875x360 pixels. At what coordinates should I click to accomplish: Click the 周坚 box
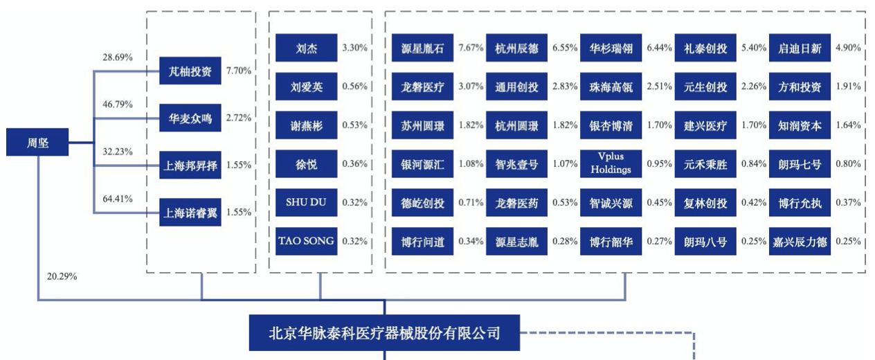(38, 143)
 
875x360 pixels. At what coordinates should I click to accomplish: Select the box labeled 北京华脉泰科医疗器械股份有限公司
(384, 333)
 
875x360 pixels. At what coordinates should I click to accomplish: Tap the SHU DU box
(306, 203)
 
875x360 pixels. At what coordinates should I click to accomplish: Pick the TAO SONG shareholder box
(306, 242)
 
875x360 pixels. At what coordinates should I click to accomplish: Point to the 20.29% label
(62, 276)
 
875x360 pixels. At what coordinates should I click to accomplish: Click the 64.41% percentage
(118, 199)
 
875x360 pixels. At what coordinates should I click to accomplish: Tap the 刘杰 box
(306, 48)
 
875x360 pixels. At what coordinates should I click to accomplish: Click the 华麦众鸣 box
(190, 118)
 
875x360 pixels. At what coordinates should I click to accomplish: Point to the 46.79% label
(118, 104)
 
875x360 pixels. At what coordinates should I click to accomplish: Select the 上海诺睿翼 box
(190, 213)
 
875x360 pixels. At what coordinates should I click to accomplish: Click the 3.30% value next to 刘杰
(355, 48)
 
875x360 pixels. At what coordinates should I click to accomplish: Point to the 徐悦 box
(306, 164)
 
